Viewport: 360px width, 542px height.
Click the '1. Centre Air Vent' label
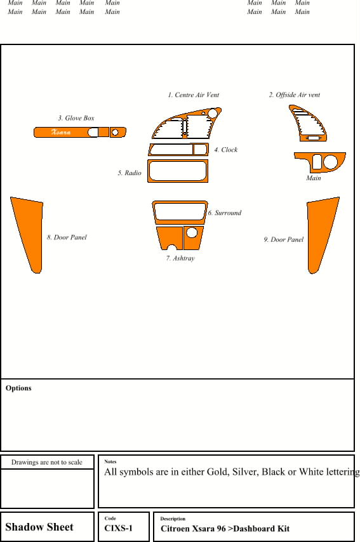point(193,95)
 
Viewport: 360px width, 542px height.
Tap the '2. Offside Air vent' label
point(295,95)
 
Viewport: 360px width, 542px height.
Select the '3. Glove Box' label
point(76,118)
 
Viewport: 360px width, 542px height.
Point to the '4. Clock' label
point(226,150)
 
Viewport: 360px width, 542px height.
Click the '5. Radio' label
point(130,173)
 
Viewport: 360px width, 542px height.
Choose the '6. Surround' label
point(224,213)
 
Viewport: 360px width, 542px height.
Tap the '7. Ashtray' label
point(180,258)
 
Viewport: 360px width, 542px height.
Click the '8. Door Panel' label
point(67,237)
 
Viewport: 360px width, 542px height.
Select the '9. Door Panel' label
point(284,239)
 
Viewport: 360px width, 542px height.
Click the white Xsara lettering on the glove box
point(61,132)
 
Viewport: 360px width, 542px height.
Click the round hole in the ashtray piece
point(192,232)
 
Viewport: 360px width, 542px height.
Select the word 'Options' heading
point(18,388)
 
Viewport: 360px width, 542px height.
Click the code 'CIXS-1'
point(118,528)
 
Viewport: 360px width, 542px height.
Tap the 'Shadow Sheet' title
point(39,527)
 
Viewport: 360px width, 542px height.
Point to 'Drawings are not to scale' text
point(47,462)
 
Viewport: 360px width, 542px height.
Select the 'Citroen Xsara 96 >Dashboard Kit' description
point(225,529)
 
